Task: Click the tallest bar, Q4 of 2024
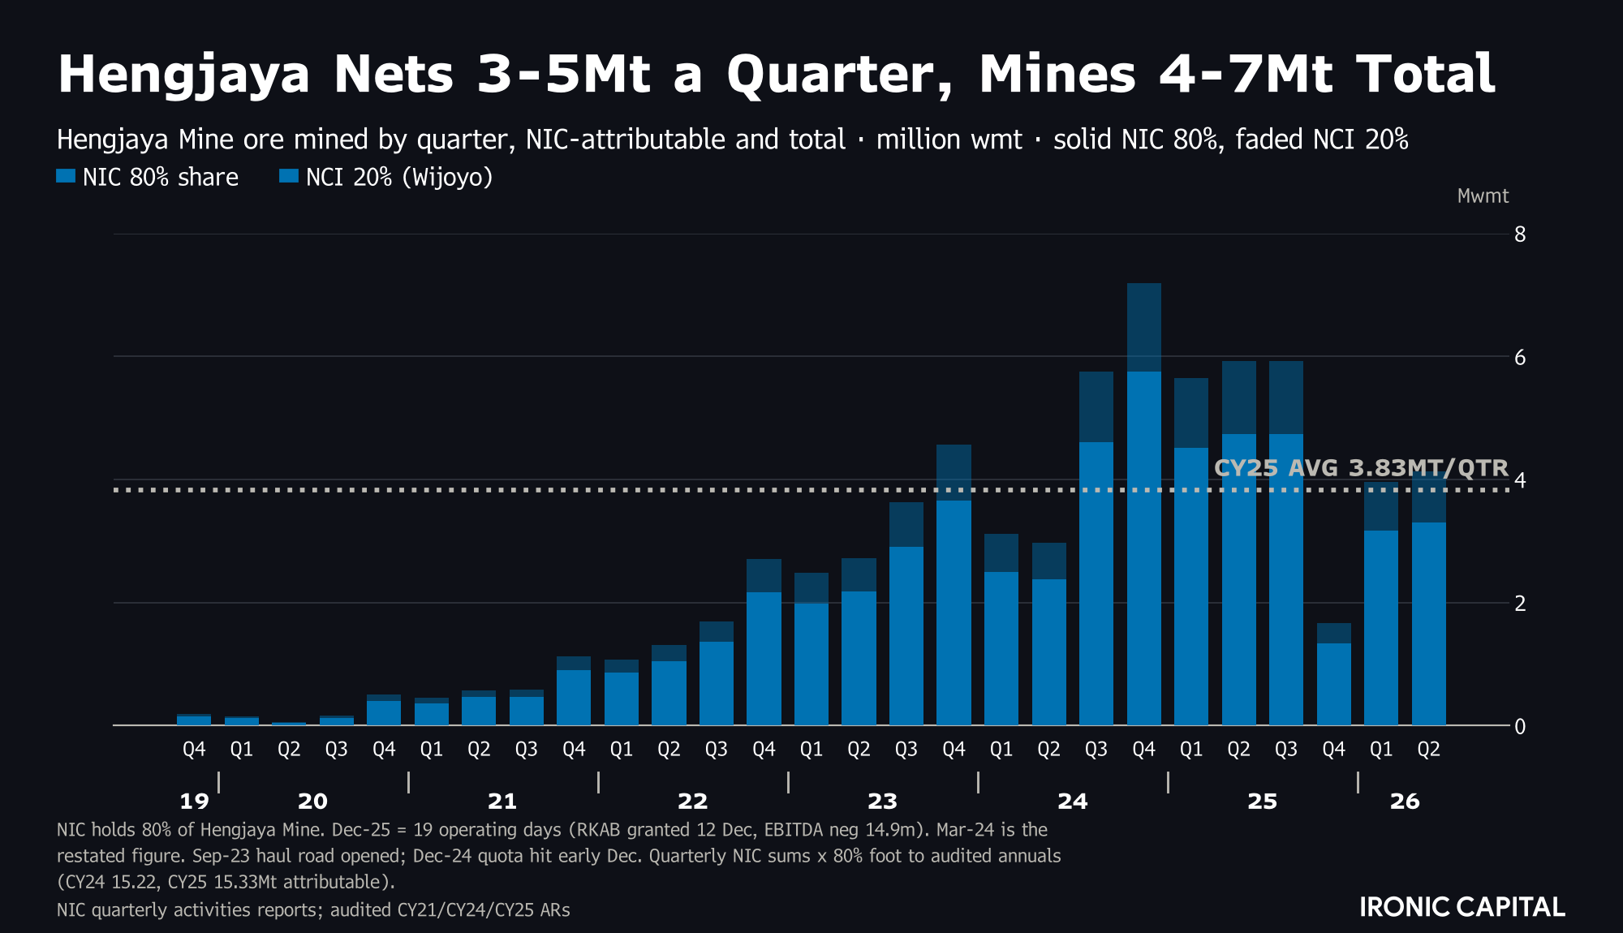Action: pyautogui.click(x=1143, y=504)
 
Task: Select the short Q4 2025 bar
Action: pyautogui.click(x=1333, y=674)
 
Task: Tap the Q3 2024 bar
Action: pyautogui.click(x=1096, y=548)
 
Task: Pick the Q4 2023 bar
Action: pyautogui.click(x=954, y=585)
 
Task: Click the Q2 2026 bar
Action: pyautogui.click(x=1428, y=600)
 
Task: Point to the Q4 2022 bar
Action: pyautogui.click(x=764, y=642)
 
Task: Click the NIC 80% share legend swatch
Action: pyautogui.click(x=66, y=176)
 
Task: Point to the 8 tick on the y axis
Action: pyautogui.click(x=1520, y=234)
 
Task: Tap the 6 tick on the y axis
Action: pyautogui.click(x=1520, y=357)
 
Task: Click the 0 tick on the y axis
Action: pyautogui.click(x=1520, y=726)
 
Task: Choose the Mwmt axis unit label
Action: pyautogui.click(x=1483, y=196)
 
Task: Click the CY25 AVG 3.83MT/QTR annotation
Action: pyautogui.click(x=1361, y=468)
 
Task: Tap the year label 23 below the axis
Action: pyautogui.click(x=882, y=802)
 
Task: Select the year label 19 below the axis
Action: pyautogui.click(x=194, y=802)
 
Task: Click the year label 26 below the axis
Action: pyautogui.click(x=1405, y=802)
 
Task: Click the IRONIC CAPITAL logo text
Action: pyautogui.click(x=1462, y=907)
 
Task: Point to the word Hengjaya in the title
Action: pyautogui.click(x=184, y=75)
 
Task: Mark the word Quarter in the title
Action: pyautogui.click(x=840, y=75)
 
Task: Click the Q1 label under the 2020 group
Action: pyautogui.click(x=241, y=750)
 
